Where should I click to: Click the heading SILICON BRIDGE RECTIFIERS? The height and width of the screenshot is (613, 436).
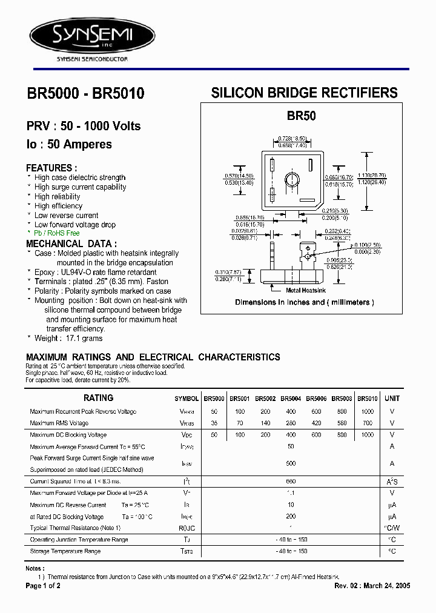point(304,93)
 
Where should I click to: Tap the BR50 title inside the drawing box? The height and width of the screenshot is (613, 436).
point(302,116)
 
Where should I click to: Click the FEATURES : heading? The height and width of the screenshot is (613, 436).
point(51,168)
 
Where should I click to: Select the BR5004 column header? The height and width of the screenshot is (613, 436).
point(291,399)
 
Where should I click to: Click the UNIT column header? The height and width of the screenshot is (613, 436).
point(392,399)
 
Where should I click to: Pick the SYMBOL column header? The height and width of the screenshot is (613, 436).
point(187,399)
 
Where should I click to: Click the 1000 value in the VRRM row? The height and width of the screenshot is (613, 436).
point(367,412)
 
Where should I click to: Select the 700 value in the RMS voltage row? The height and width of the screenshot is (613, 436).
point(367,423)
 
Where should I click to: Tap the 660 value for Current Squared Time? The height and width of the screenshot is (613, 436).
point(291,481)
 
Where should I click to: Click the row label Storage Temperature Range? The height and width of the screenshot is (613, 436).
point(65,551)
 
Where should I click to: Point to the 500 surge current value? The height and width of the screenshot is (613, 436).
point(291,463)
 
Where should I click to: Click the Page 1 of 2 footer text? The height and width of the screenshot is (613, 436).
point(43,586)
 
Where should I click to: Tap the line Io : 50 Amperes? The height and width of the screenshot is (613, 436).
point(69,145)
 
